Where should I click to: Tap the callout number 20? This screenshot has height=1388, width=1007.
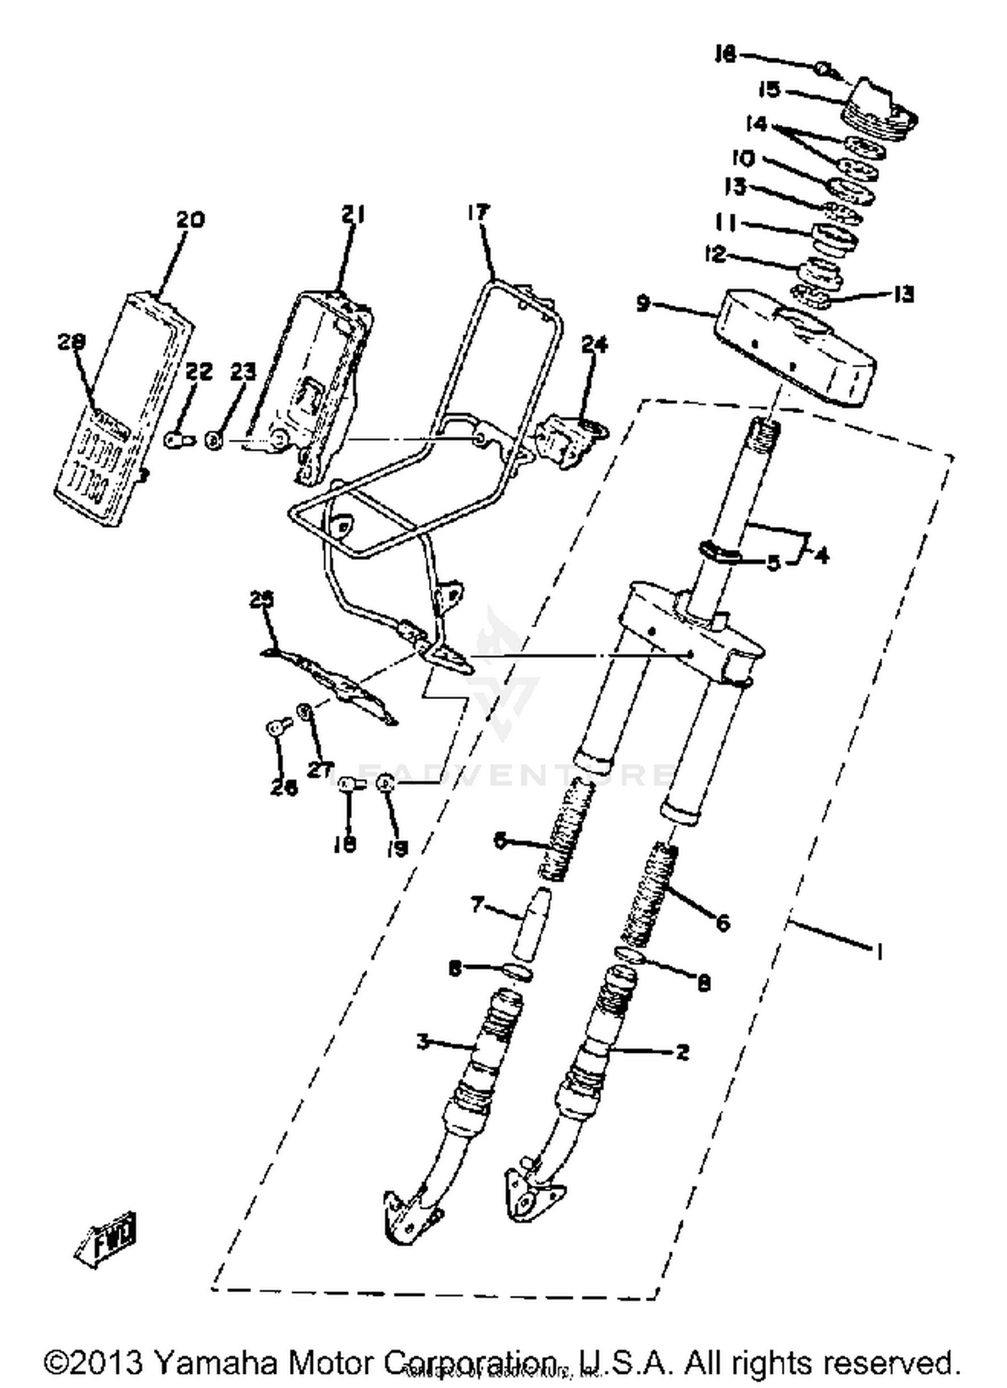(190, 220)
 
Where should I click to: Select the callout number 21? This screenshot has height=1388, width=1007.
(352, 214)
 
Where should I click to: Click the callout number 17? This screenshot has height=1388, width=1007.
(479, 213)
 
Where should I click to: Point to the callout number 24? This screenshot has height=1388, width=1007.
(594, 344)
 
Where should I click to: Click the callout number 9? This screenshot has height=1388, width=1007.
(642, 304)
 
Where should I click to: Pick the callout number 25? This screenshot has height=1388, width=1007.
(262, 599)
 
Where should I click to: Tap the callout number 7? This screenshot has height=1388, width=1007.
(477, 905)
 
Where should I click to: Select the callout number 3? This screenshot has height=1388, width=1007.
(422, 1042)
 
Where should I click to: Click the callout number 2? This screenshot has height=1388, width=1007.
(682, 1051)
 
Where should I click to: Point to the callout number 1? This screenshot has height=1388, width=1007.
(879, 951)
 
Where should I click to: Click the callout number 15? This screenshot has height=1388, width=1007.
(770, 89)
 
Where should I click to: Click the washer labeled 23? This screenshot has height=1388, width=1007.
(214, 441)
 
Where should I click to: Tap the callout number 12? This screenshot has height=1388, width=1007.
(715, 254)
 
